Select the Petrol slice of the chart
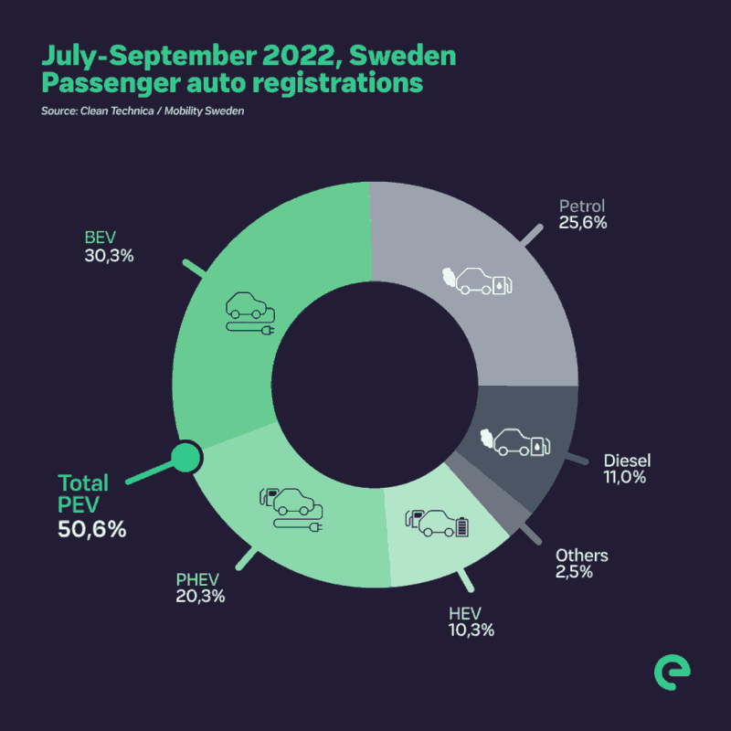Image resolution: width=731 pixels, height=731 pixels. [475, 274]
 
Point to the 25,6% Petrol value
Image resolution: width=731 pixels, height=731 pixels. [583, 223]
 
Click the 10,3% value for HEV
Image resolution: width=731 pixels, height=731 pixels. [471, 630]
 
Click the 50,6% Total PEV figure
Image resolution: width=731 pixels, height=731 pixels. [91, 528]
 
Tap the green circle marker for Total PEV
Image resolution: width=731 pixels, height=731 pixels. [186, 456]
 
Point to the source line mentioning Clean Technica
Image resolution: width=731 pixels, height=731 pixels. [141, 111]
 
